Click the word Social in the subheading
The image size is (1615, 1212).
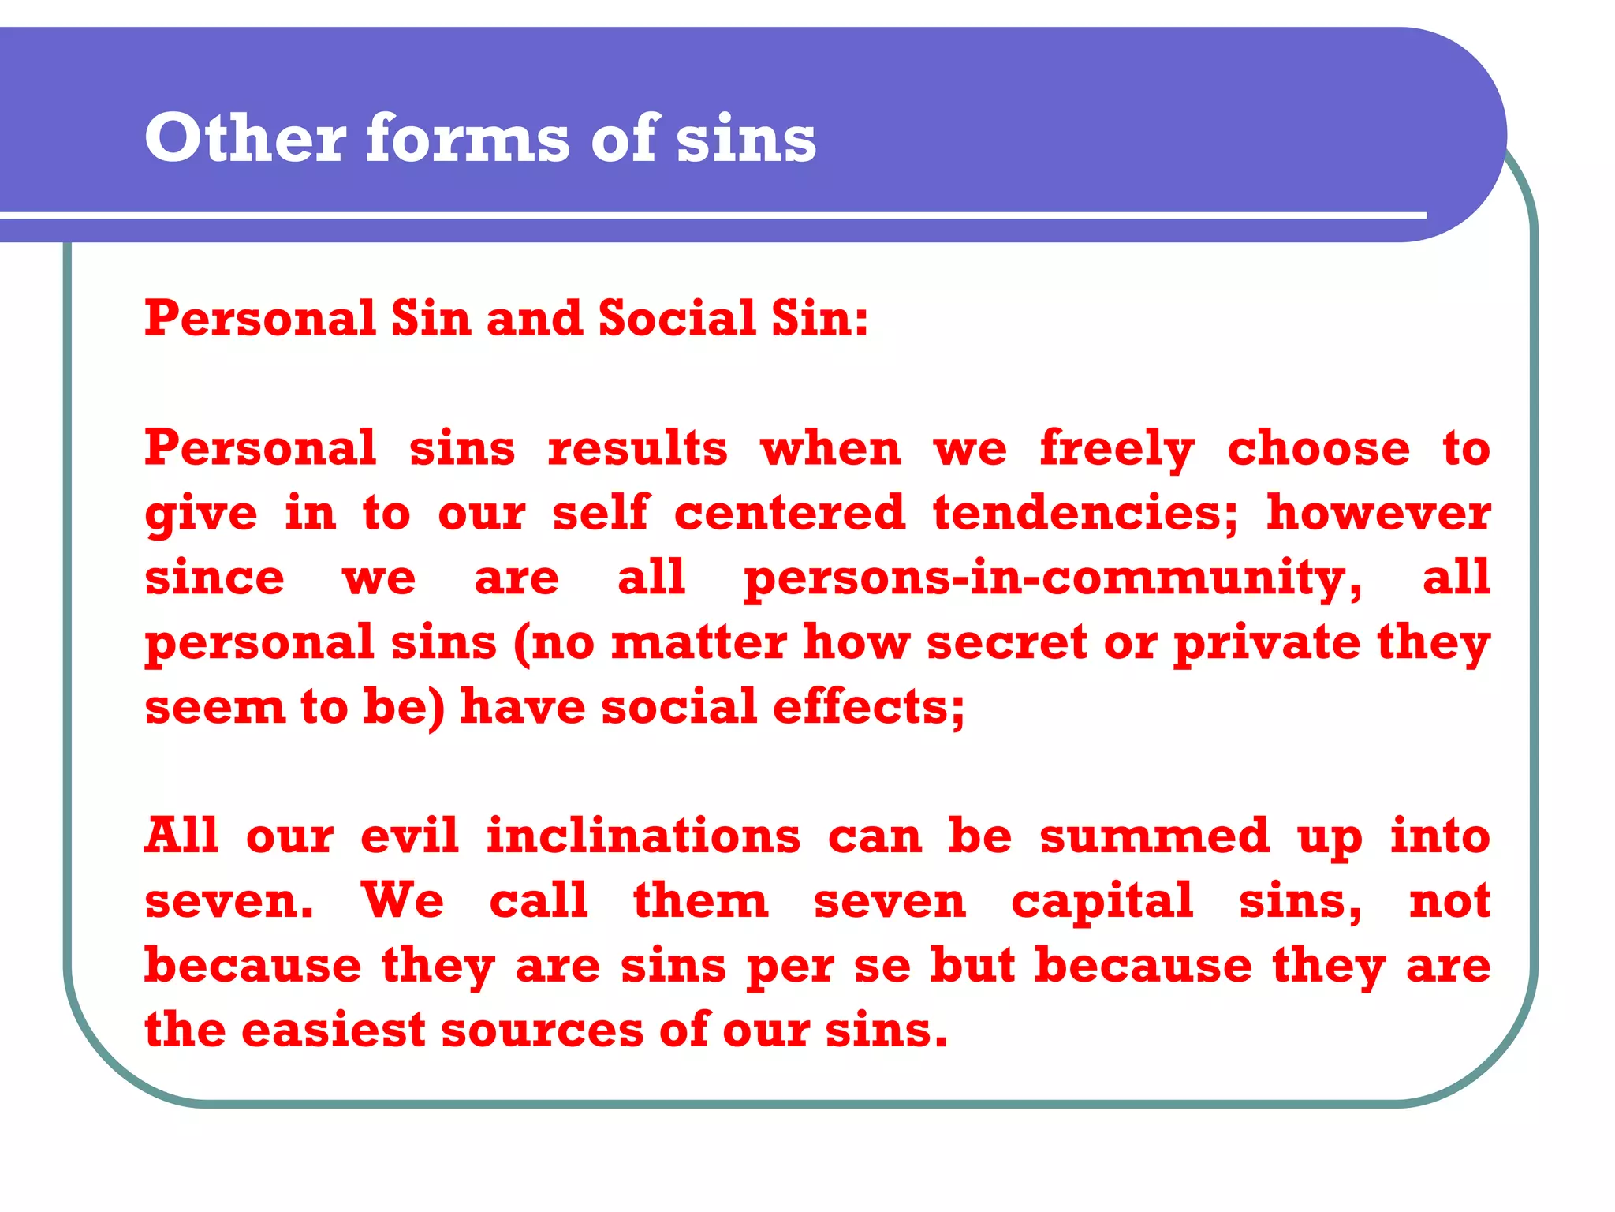click(677, 319)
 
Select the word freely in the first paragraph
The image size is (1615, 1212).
click(1117, 450)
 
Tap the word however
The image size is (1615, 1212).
click(1378, 513)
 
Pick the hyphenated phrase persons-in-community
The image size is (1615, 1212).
click(1053, 578)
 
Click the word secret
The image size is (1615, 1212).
click(1007, 642)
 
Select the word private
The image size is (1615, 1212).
click(1267, 644)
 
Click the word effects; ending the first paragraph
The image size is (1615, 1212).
click(868, 707)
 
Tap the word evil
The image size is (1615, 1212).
click(409, 836)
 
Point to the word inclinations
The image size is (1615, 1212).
click(643, 836)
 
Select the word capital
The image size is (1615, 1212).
click(1102, 902)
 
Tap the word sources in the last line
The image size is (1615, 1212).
click(543, 1031)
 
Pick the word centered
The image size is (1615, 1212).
click(789, 513)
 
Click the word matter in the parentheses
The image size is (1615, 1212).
click(699, 642)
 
